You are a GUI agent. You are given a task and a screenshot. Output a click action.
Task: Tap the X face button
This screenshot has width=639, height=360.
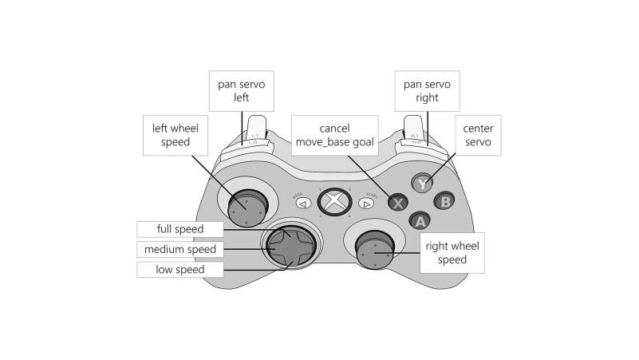(x=398, y=202)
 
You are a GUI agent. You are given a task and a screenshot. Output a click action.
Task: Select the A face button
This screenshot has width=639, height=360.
(x=420, y=220)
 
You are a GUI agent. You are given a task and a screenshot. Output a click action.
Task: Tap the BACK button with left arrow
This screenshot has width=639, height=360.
(x=302, y=203)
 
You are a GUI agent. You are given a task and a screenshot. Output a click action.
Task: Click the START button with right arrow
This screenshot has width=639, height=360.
(x=369, y=203)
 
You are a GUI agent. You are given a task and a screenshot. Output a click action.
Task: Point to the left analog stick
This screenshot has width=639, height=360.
(x=245, y=208)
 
